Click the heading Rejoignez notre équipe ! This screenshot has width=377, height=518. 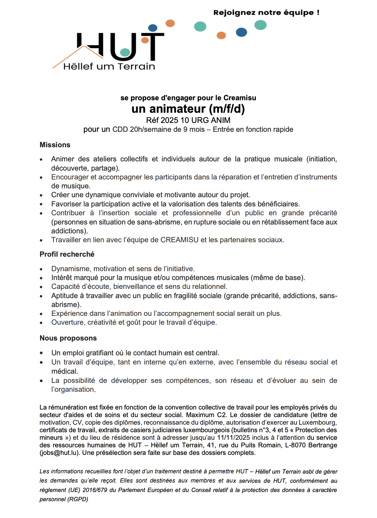[x=266, y=13]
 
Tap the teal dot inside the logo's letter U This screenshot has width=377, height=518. [x=125, y=52]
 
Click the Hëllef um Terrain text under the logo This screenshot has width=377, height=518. [x=109, y=66]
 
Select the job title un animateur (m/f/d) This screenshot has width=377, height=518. [x=188, y=109]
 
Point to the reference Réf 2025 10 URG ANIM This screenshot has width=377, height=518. [x=188, y=120]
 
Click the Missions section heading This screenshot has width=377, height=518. [x=55, y=145]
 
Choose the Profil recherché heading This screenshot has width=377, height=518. [x=67, y=254]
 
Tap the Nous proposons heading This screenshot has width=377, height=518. [x=68, y=338]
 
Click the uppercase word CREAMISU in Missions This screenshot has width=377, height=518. [x=179, y=240]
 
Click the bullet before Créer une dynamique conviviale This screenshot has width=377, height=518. [x=41, y=195]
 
